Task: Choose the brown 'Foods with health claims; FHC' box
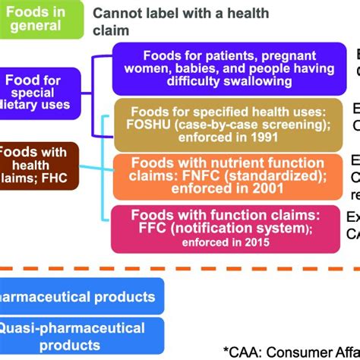[37, 162]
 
